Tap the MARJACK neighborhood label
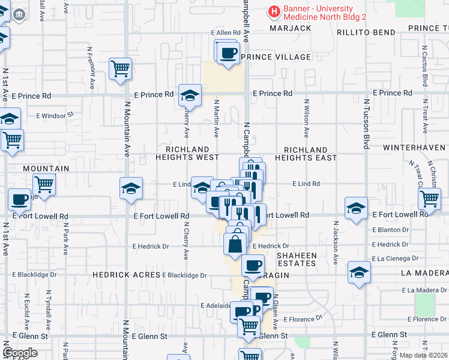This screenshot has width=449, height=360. (x=291, y=28)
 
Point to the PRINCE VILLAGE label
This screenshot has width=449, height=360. (x=276, y=57)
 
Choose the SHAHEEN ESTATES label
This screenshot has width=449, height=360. (x=296, y=259)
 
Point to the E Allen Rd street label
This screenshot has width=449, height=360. (x=225, y=32)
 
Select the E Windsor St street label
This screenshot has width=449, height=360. (x=55, y=115)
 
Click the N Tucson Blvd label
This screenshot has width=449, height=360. (x=366, y=132)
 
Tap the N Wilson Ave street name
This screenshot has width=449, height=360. (x=306, y=119)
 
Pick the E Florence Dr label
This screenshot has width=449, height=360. (x=303, y=319)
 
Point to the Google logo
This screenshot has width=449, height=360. (x=20, y=353)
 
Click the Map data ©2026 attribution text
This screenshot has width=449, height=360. (x=423, y=355)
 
